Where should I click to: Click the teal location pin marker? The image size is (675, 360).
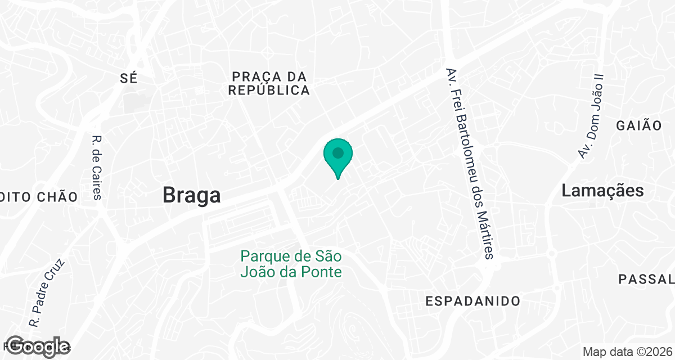(337, 157)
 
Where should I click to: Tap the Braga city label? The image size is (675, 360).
(191, 195)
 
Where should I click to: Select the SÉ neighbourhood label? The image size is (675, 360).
(129, 78)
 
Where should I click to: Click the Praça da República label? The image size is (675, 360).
(269, 83)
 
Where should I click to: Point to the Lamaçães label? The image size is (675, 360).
(602, 191)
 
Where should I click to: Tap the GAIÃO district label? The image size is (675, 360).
(639, 125)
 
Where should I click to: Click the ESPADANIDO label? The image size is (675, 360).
(472, 301)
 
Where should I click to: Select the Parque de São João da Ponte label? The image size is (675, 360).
(291, 264)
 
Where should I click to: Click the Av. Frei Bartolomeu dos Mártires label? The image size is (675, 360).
(470, 164)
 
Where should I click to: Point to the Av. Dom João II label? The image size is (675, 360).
(590, 116)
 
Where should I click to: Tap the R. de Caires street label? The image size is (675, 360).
(97, 168)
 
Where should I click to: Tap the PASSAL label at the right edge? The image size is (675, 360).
(646, 279)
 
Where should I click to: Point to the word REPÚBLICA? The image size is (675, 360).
(269, 91)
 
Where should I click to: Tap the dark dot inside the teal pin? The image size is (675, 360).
(337, 152)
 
